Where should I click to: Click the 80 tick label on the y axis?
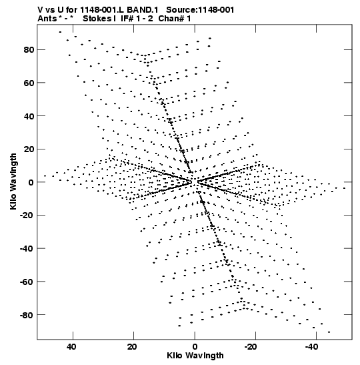coord(29,50)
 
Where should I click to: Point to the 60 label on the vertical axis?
coord(29,83)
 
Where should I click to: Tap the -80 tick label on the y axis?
coord(27,315)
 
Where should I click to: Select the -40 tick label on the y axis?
coord(27,249)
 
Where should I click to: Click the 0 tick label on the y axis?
coord(31,182)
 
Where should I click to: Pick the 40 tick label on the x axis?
coord(71,346)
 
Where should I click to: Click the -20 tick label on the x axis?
coord(251,346)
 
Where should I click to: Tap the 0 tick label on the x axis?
coord(195,346)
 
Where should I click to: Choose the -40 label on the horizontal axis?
coord(311,346)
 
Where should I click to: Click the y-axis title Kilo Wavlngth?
coord(13,181)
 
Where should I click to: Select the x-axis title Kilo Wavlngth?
coord(195,356)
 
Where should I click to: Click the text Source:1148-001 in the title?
coord(200,10)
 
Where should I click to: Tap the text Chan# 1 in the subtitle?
coord(175,19)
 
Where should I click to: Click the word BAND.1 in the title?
coord(143,10)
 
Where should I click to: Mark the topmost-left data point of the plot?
coord(60,32)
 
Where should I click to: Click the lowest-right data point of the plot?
coord(329,332)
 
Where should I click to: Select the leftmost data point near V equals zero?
coord(45,176)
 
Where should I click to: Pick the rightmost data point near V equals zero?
coord(345,188)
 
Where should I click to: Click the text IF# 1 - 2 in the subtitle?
coord(137,19)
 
